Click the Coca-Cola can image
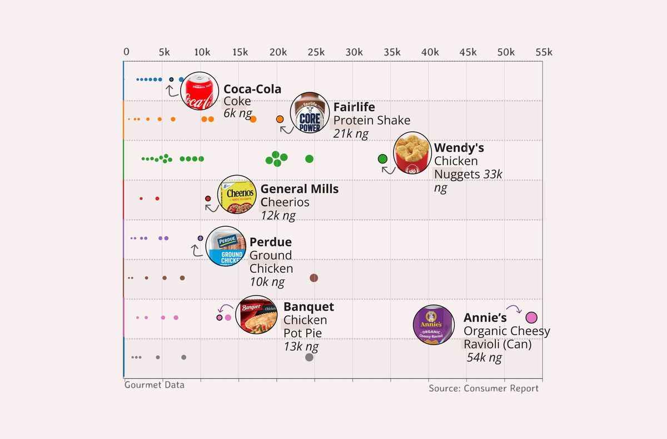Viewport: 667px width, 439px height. coord(200,91)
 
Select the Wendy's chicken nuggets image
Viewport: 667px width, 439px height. coord(412,153)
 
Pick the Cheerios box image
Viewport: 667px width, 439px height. coord(237,194)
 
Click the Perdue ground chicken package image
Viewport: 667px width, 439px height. coord(225,246)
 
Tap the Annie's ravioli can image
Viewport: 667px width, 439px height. coord(433,325)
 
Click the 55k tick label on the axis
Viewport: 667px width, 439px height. coord(544,52)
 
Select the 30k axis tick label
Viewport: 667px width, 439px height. coord(354,52)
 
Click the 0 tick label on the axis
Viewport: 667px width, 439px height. coord(127,52)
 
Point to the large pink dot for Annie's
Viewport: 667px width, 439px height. coord(531,318)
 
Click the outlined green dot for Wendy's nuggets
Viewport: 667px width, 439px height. coord(382,159)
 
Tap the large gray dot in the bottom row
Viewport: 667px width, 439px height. coord(309,357)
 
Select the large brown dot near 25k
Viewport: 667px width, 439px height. coord(313,278)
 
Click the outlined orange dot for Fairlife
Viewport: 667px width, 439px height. coord(280,119)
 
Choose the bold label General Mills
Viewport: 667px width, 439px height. coord(299,189)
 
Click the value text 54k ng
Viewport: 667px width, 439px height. coord(484,357)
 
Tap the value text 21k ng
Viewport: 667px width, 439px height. coord(351,133)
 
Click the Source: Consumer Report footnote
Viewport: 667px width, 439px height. coord(483,388)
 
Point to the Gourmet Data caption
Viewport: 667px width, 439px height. coord(154,385)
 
